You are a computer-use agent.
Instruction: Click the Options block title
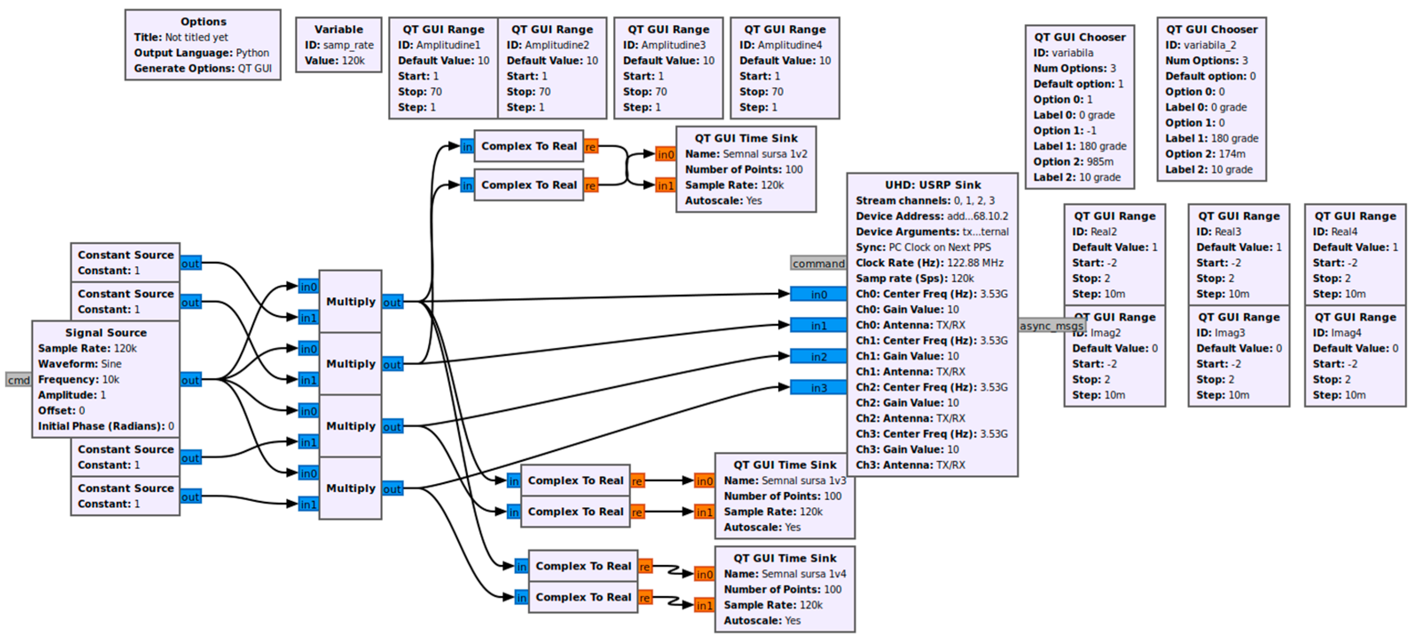point(203,21)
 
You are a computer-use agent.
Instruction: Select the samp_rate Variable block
point(338,44)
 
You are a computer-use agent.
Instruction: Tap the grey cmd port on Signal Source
point(19,380)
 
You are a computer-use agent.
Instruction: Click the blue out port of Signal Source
point(191,380)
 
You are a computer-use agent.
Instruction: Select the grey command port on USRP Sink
point(819,263)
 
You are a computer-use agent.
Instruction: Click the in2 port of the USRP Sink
point(819,357)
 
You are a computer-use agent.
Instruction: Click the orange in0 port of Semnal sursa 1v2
point(666,154)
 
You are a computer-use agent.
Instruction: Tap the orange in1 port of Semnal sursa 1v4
point(704,605)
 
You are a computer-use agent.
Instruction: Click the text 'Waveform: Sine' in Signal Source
point(80,364)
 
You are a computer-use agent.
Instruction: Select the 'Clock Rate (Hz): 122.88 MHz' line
point(929,263)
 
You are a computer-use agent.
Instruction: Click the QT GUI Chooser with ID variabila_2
point(1212,99)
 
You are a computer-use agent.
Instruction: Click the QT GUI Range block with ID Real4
point(1355,255)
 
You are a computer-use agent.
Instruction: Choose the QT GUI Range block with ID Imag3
point(1239,356)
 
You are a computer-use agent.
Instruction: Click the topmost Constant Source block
point(125,263)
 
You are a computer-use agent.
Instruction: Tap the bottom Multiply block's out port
point(392,488)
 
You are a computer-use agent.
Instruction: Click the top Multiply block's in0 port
point(309,286)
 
